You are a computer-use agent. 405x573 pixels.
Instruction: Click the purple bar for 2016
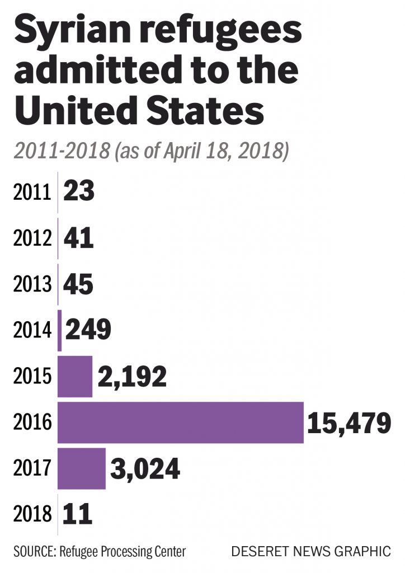coord(180,422)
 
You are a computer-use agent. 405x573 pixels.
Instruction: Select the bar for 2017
coord(81,468)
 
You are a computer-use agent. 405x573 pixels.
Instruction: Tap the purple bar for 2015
coord(75,376)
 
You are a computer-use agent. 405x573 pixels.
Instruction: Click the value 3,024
coord(145,468)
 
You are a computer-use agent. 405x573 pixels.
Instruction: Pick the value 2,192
coord(132,377)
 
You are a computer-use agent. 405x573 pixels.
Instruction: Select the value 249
coord(88,330)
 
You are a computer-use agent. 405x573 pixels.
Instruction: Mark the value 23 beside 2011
coord(79,192)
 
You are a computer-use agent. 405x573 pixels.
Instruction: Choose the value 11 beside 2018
coord(77,514)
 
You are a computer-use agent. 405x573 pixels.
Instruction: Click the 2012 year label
coord(31,239)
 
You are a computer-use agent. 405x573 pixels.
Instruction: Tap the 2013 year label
coord(31,285)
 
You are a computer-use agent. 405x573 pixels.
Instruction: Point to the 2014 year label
coord(31,331)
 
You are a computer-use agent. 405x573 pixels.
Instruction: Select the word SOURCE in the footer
coord(31,551)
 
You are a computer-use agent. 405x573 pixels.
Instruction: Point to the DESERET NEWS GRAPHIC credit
coord(311,551)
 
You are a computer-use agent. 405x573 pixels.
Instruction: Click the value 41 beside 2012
coord(78,239)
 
